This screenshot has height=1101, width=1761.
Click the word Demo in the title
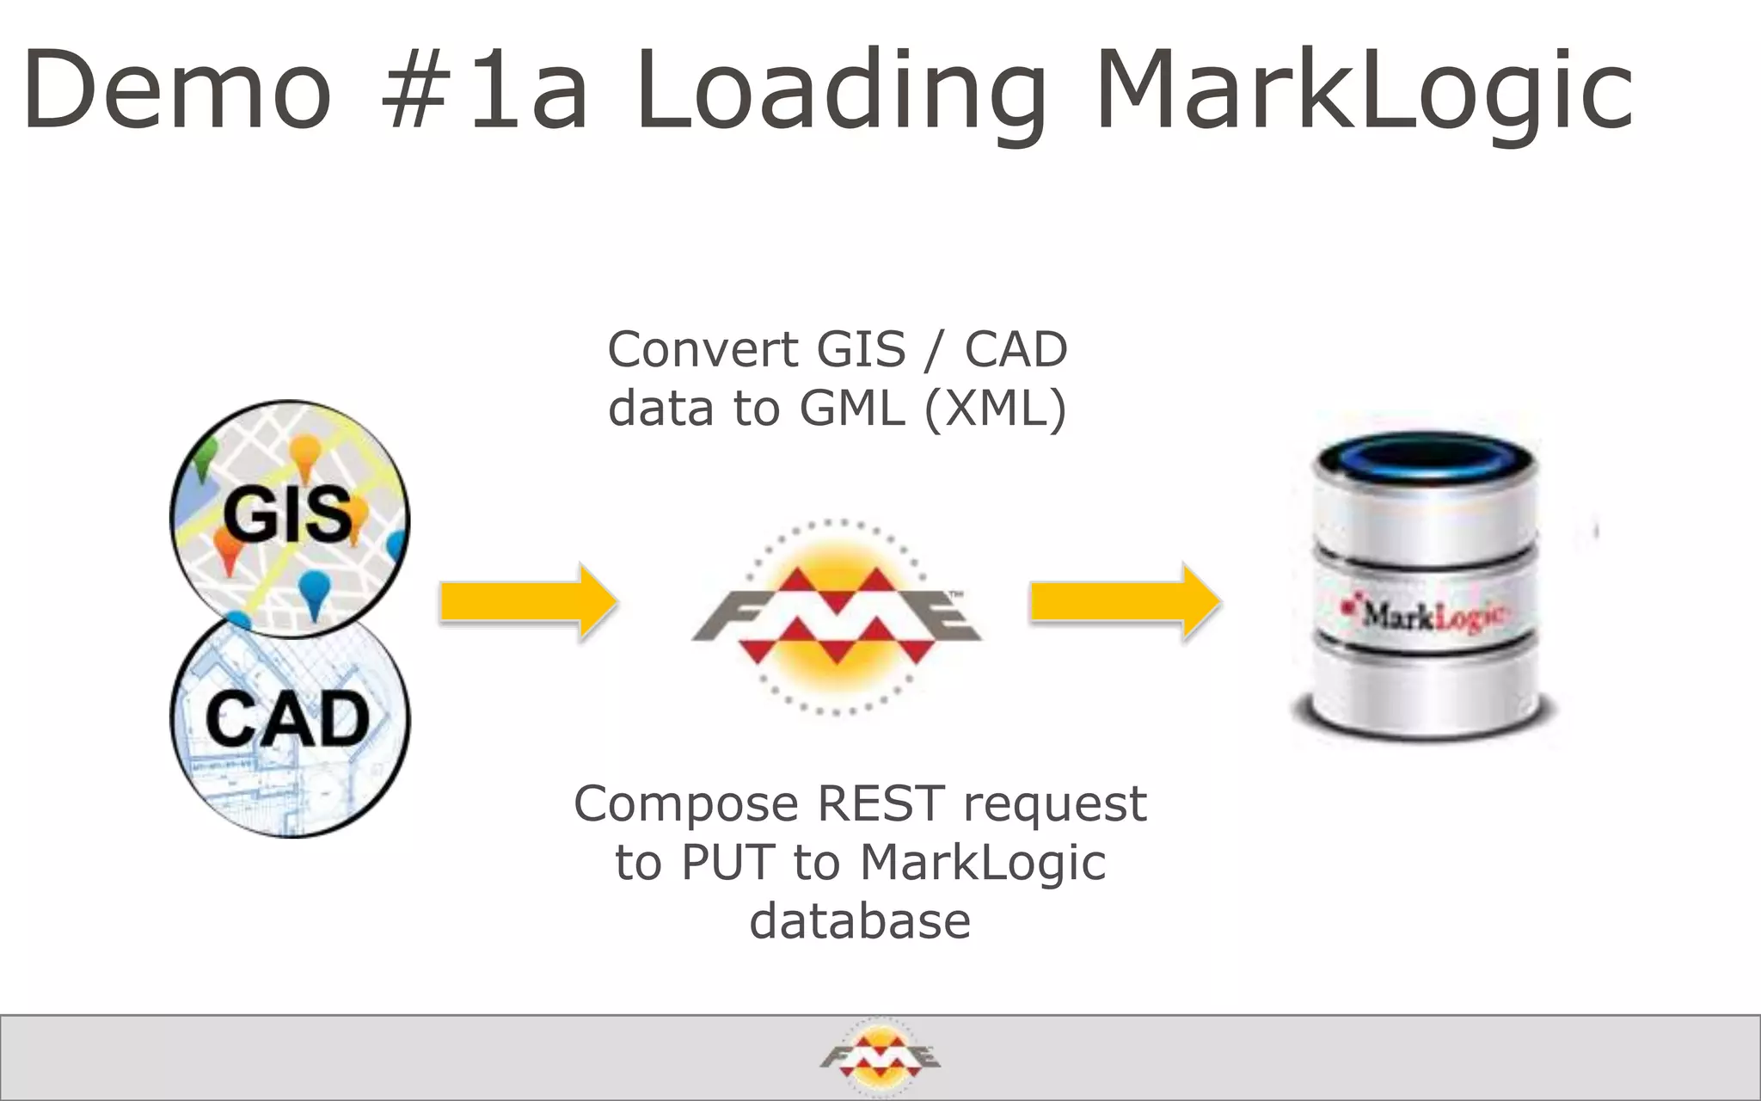click(177, 89)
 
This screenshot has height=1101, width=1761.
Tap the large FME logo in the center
click(836, 616)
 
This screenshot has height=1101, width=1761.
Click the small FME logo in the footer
click(880, 1057)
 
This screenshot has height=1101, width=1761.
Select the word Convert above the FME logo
click(703, 349)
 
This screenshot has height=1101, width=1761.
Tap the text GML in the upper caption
click(852, 408)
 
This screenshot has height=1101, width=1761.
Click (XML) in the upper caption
click(995, 408)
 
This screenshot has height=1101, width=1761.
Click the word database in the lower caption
click(860, 920)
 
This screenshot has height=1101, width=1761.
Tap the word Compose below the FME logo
click(686, 805)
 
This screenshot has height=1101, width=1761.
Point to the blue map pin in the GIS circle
click(315, 592)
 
